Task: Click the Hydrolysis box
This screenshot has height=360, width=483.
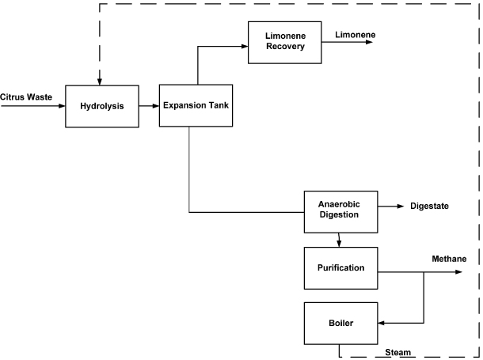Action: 102,106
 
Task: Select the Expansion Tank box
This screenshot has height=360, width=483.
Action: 196,104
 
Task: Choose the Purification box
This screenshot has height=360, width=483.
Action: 340,267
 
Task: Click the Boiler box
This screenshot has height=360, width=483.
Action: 340,323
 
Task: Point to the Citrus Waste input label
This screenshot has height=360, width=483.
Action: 26,97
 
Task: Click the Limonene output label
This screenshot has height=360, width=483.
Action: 355,36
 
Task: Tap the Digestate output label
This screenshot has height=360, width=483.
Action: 429,207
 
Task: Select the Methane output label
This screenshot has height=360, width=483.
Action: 449,260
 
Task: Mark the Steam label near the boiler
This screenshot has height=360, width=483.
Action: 397,352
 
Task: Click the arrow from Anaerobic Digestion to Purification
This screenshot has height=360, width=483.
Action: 340,239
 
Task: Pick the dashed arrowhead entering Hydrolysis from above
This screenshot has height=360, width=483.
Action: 100,80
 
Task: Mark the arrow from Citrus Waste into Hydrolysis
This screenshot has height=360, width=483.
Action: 36,105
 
